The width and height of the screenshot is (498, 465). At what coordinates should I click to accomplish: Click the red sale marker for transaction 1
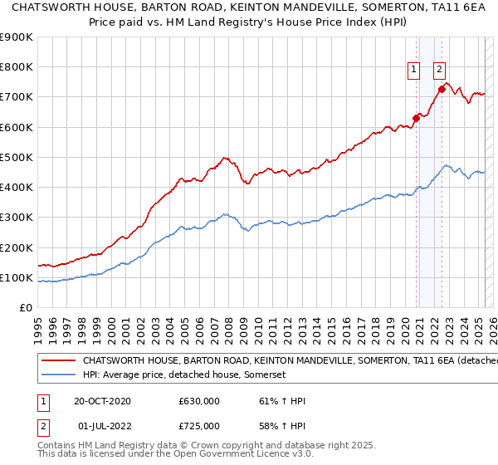coord(416,118)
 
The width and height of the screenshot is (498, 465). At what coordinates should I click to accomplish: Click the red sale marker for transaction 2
coord(442,89)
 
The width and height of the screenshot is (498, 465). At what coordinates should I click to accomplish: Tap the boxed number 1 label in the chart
coord(413,71)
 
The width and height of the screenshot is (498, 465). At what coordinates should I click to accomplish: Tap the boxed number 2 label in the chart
coord(439,71)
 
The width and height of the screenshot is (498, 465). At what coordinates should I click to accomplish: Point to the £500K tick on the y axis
coord(17,157)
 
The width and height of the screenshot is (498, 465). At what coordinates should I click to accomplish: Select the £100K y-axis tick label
coord(17,277)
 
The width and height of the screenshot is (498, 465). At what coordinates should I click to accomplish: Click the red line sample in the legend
coord(58,361)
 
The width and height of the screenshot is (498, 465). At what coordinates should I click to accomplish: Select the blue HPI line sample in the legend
coord(58,374)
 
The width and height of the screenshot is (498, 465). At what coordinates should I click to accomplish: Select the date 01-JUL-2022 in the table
coord(106,426)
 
